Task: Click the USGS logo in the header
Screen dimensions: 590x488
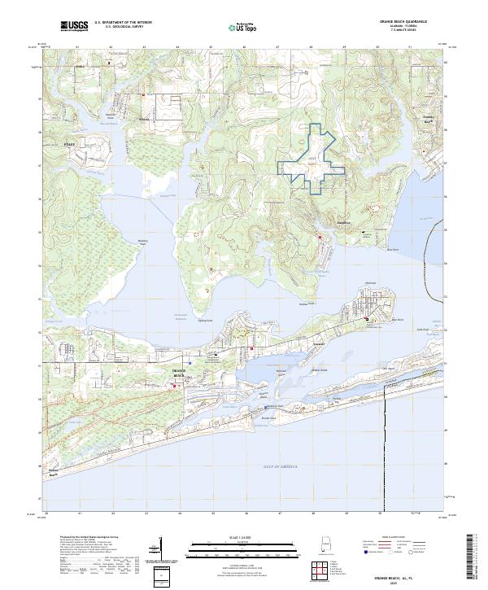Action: (74, 27)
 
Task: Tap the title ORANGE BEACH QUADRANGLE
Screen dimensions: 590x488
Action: (402, 22)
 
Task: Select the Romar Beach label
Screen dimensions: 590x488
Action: (54, 472)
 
